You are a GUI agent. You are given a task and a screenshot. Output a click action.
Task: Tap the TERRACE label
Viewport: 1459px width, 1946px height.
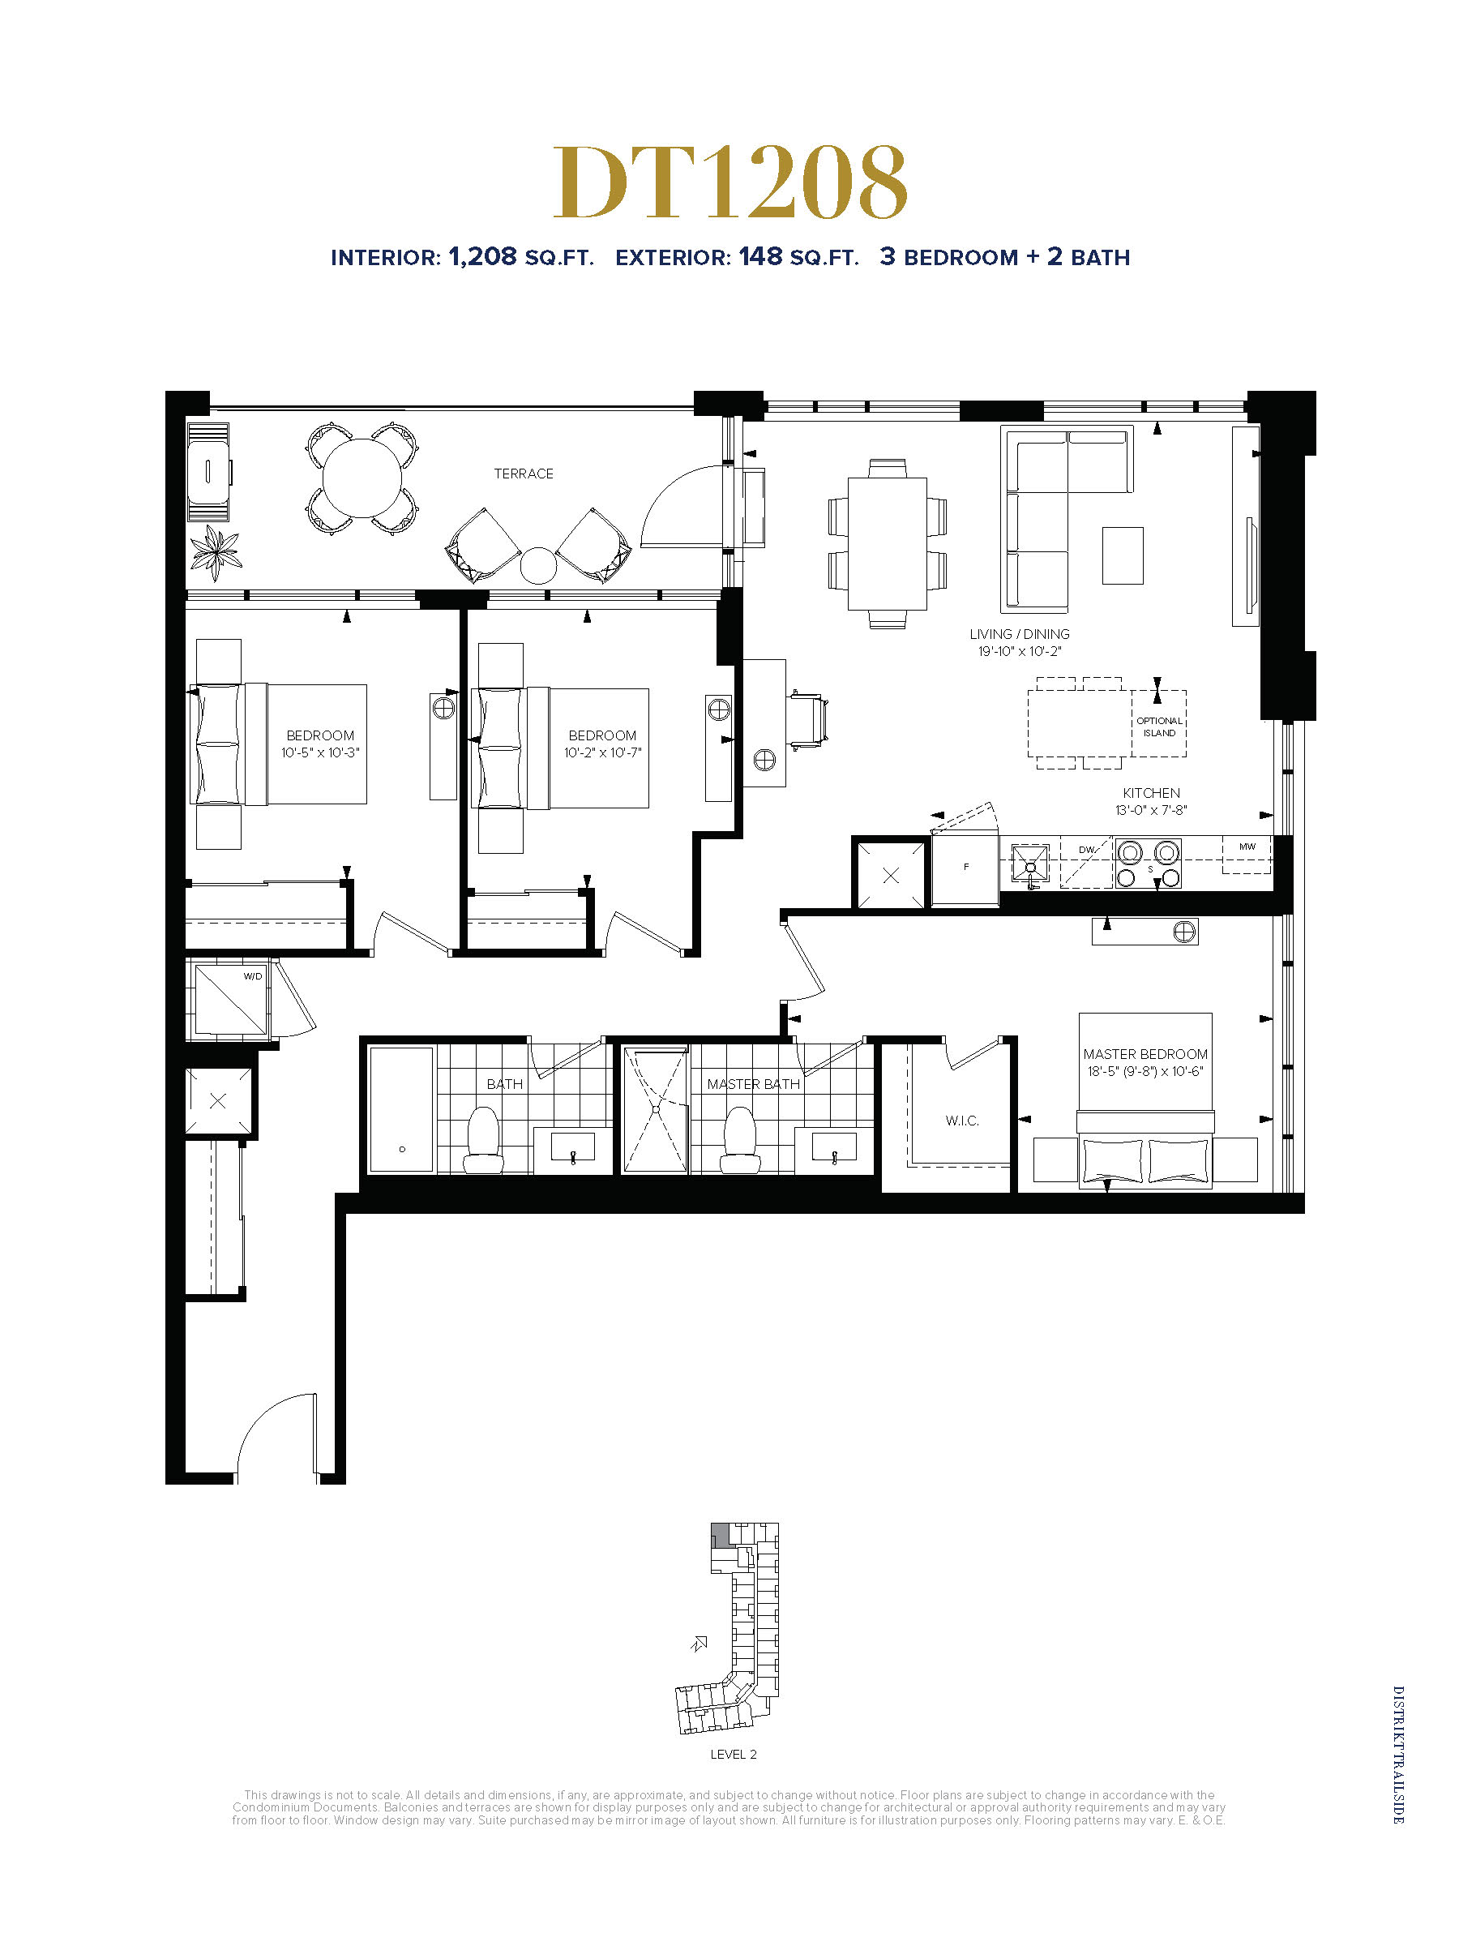tap(524, 474)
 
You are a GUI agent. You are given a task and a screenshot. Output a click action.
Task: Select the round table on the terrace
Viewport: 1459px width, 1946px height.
tap(362, 478)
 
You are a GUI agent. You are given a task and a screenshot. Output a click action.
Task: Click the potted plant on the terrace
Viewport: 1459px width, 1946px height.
tap(216, 552)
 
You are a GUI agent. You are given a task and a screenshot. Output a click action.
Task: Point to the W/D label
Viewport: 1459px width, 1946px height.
tap(252, 975)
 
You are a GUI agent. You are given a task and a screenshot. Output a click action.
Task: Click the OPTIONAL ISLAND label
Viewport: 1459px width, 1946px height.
tap(1159, 727)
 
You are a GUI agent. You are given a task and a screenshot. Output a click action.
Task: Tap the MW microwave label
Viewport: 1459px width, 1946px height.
tap(1247, 847)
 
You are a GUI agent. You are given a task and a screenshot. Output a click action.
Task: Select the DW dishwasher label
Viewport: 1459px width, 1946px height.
tap(1087, 850)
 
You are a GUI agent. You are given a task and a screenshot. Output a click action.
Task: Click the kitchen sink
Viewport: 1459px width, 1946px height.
tap(1030, 864)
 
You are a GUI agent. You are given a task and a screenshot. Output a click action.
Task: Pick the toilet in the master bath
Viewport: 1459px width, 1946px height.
tap(739, 1140)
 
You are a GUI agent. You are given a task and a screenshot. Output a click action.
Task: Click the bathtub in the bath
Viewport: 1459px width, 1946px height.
tap(401, 1109)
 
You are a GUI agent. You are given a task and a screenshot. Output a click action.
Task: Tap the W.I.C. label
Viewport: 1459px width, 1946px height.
tap(962, 1120)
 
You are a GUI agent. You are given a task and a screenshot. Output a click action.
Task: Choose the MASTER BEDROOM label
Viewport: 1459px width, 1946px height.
tap(1145, 1054)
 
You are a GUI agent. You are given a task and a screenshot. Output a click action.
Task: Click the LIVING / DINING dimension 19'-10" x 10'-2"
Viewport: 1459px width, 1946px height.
tap(1020, 651)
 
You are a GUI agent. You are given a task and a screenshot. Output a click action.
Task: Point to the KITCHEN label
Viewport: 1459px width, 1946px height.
tap(1151, 793)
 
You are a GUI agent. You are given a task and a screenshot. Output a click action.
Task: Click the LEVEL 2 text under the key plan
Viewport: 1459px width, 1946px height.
tap(734, 1754)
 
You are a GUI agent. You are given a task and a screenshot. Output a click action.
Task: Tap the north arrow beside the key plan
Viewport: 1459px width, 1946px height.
tap(700, 1643)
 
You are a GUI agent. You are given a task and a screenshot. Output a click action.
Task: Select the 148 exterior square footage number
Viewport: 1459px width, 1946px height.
tap(759, 256)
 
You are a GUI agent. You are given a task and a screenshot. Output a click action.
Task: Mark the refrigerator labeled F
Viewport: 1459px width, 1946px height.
tap(965, 868)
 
